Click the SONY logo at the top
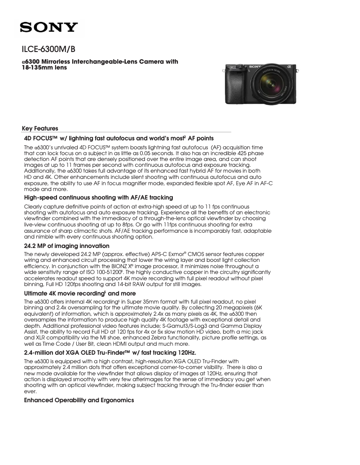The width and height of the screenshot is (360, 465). tap(49, 28)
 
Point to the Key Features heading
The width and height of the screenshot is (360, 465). tap(40, 128)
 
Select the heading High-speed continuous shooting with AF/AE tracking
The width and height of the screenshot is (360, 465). tap(98, 197)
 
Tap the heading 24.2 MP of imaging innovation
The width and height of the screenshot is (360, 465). tap(66, 246)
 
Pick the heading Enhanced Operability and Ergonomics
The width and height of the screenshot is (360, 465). tap(79, 400)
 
